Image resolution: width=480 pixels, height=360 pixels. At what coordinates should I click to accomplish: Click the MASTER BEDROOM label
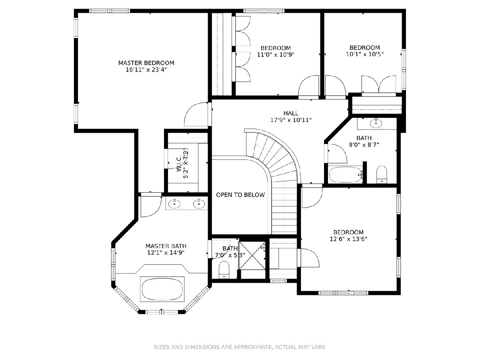tap(146, 63)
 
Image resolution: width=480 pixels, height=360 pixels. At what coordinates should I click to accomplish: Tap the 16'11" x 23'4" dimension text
tap(146, 70)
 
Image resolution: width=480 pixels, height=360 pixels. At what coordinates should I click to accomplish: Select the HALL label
tap(291, 113)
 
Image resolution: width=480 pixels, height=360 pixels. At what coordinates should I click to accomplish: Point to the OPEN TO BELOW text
tap(240, 195)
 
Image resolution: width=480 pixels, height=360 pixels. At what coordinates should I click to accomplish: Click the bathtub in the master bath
tap(162, 289)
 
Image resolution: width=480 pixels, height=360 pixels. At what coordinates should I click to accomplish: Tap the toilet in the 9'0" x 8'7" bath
tap(382, 174)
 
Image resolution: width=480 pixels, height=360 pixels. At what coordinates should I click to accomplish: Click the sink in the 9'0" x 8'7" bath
tap(376, 124)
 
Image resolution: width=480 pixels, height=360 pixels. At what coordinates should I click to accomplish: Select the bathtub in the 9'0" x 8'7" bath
tap(346, 174)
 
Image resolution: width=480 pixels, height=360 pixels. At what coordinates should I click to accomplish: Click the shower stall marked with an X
tap(252, 255)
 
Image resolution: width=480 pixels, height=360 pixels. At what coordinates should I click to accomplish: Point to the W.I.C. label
tap(179, 163)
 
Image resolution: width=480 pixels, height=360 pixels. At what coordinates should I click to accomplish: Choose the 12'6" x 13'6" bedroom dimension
tap(348, 239)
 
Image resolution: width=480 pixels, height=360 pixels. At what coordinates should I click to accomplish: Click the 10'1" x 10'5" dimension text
tap(365, 54)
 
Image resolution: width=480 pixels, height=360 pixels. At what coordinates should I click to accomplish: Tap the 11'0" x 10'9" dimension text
tap(276, 54)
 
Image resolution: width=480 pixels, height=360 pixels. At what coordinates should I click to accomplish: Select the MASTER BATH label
tap(166, 246)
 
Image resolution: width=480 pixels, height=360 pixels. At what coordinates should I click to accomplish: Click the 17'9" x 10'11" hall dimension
tap(291, 120)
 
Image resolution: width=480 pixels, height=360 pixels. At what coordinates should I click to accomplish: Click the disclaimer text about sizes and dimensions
tap(240, 347)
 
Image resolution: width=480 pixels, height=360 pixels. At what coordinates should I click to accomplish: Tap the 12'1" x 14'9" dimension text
tap(166, 253)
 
